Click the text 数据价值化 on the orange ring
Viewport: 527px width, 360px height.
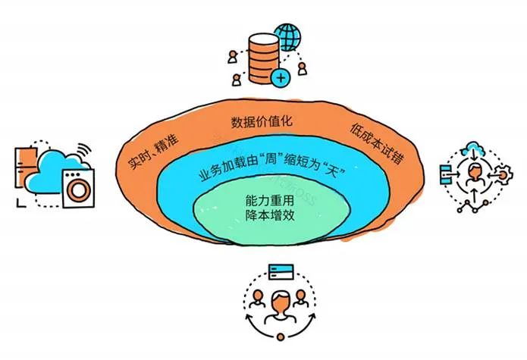[x=262, y=121]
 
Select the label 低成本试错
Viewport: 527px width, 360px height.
[x=377, y=143]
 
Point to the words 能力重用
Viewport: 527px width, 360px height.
[x=269, y=201]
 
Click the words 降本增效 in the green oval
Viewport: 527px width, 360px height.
[x=269, y=215]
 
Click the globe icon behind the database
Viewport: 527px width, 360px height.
[x=287, y=37]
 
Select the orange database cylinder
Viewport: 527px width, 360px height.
[x=264, y=58]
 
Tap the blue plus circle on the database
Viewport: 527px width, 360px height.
[x=281, y=78]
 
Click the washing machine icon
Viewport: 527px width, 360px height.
[x=79, y=188]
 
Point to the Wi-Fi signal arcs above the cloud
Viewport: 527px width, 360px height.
[x=83, y=152]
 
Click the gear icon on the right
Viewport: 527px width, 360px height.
[x=503, y=174]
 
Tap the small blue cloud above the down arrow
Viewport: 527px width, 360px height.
[x=473, y=148]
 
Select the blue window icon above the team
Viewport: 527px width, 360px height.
[x=281, y=272]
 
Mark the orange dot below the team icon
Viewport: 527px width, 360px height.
[x=281, y=337]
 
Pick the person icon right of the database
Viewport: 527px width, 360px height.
[x=302, y=69]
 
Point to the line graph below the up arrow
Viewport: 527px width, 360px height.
[x=473, y=207]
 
